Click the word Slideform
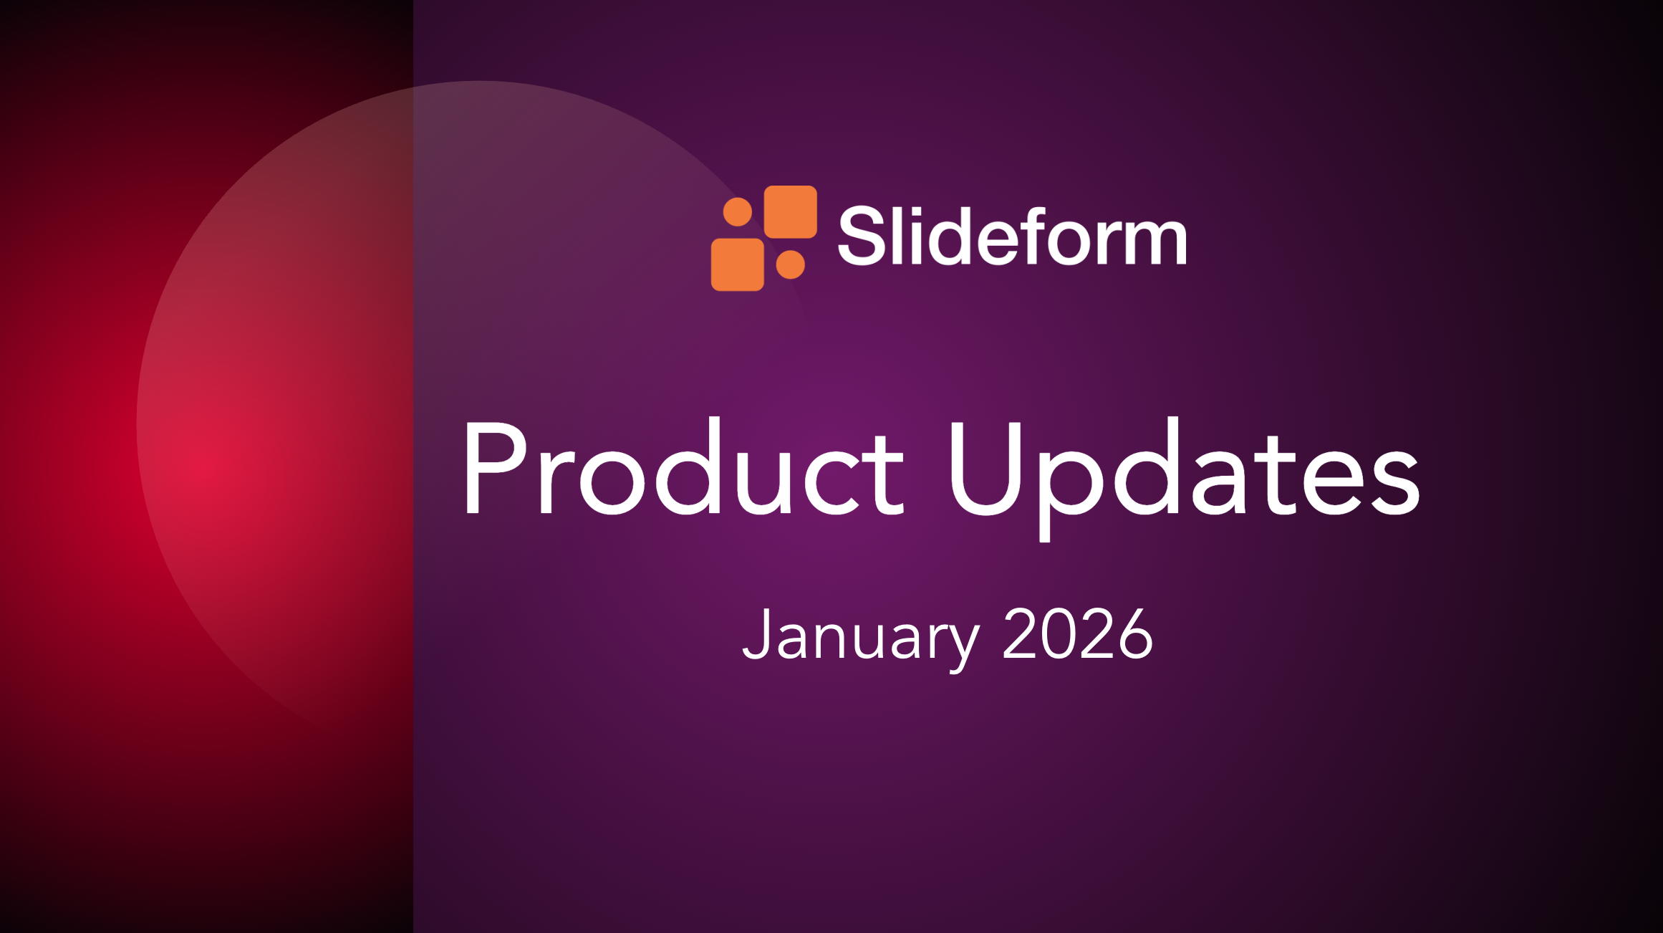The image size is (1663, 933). pos(1011,236)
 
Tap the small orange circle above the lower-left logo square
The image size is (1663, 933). pos(737,212)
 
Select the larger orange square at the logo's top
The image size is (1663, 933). pos(791,212)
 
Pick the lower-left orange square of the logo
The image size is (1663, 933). pos(737,264)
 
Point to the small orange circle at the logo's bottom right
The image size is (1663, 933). pos(791,264)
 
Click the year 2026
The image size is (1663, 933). pos(1077,633)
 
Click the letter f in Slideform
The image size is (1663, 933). pos(1033,235)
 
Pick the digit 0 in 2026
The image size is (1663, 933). pos(1058,633)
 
